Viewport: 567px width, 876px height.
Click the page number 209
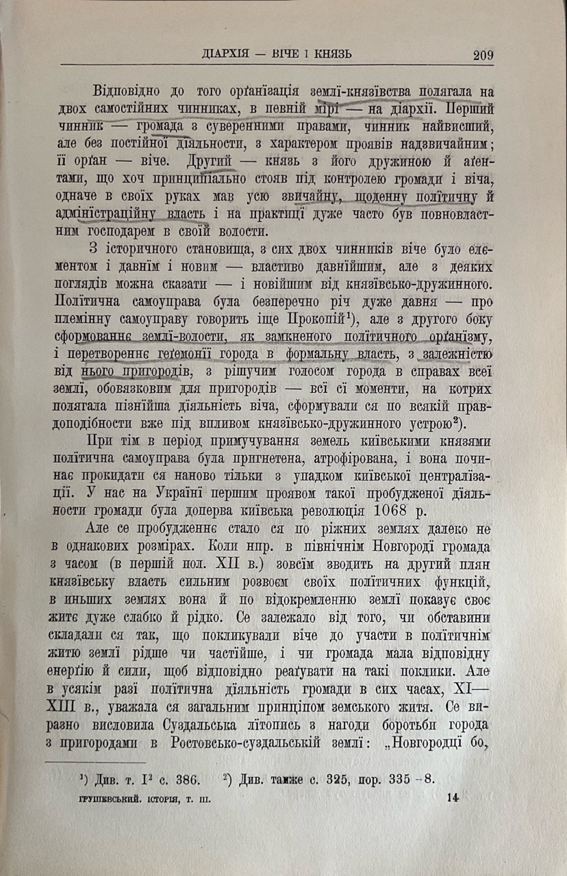483,55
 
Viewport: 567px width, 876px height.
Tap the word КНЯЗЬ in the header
330,54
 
